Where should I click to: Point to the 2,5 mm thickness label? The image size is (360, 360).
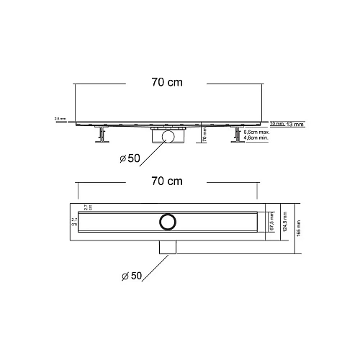click(59, 119)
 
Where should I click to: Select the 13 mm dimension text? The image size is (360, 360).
click(295, 124)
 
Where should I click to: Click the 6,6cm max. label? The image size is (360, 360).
click(256, 133)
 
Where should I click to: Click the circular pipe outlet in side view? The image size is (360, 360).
click(168, 136)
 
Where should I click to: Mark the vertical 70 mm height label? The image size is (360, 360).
click(204, 135)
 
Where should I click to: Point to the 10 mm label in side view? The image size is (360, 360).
click(277, 124)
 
